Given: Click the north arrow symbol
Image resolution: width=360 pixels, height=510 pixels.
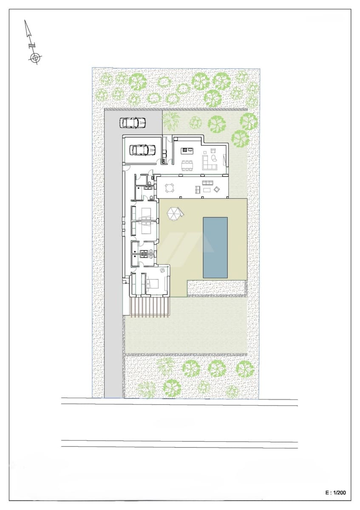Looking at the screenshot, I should pos(32,42).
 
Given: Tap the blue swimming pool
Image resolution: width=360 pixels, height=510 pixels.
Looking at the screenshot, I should pos(215,247).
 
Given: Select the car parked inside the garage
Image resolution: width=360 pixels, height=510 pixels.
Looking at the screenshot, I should pos(142,150).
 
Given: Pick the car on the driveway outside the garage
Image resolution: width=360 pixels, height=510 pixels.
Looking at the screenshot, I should pos(133,123).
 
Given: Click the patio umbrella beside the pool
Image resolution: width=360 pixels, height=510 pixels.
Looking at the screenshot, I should pos(174,213).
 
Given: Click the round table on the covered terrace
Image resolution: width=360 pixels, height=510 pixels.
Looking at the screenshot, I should pos(170,187).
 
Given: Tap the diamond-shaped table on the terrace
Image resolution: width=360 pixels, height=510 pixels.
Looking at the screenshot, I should pos(216,189).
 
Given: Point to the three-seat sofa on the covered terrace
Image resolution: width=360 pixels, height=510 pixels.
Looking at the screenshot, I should pos(207,183).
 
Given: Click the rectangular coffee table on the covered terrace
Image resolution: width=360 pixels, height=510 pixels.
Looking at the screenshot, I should pos(207,190).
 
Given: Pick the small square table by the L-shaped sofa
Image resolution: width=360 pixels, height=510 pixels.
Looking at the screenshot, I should pos(213,150).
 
